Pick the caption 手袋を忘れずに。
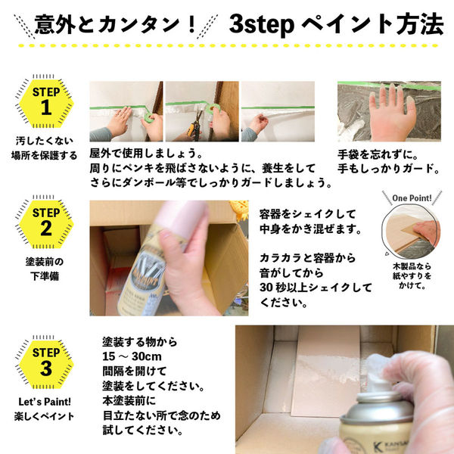(x=375, y=154)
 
